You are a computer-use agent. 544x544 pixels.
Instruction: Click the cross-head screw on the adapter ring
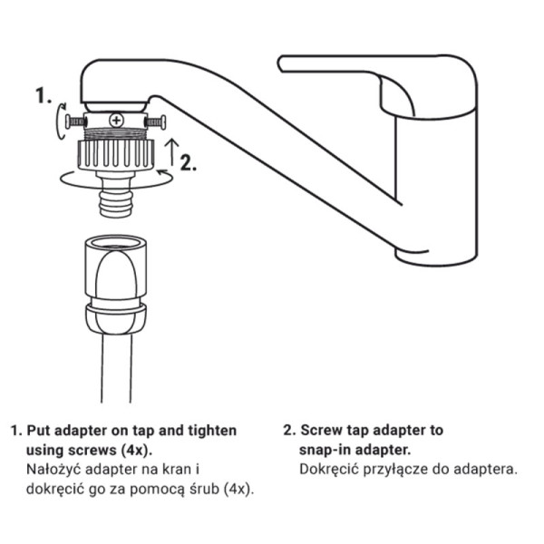pos(116,121)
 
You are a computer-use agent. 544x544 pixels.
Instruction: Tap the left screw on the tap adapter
pos(74,121)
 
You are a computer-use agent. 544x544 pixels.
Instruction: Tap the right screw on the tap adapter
pos(155,122)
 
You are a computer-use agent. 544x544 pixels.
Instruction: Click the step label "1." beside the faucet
pos(44,95)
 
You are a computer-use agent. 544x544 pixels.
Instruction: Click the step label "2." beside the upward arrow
pos(189,162)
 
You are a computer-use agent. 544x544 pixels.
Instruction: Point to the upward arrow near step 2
pos(172,152)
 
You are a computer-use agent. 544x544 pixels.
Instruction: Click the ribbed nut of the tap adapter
pos(116,155)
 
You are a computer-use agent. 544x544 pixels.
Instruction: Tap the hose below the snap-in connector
pos(116,368)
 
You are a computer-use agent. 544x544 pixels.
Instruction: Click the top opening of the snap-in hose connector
pos(115,242)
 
